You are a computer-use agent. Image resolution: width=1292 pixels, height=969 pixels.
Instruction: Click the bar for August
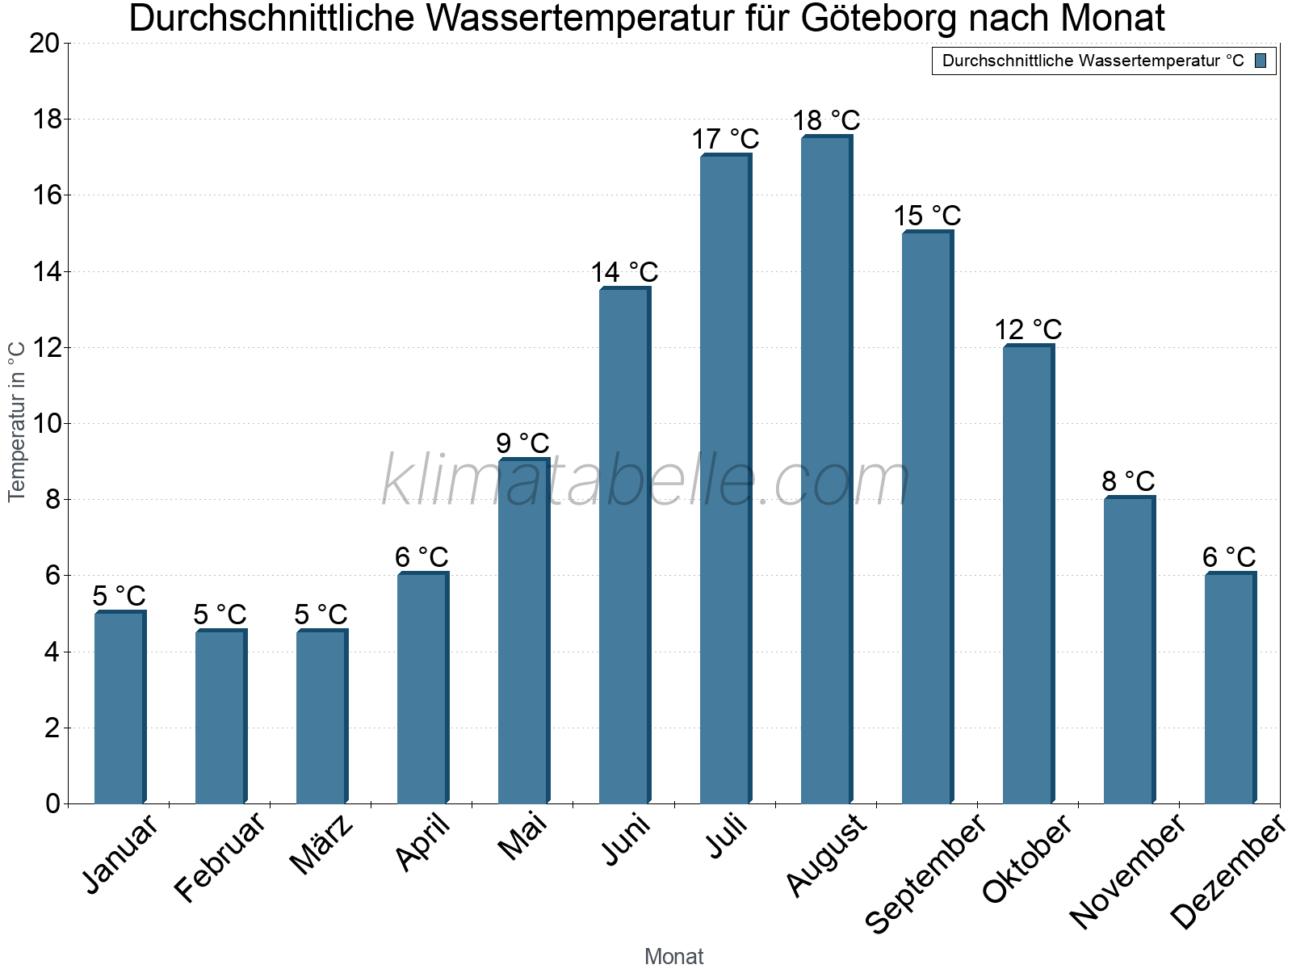[826, 468]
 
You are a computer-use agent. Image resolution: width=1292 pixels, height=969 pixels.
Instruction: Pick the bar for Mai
[523, 630]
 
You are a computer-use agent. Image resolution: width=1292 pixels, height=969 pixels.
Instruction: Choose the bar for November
[1129, 649]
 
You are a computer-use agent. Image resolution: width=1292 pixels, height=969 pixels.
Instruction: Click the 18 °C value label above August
[826, 121]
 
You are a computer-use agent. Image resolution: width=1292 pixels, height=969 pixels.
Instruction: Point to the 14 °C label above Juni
[624, 273]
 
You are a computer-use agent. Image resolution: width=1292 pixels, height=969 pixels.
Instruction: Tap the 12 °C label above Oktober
[1028, 329]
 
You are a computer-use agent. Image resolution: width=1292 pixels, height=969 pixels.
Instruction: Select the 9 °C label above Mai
[522, 443]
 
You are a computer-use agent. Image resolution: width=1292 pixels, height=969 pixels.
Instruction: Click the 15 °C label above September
[927, 216]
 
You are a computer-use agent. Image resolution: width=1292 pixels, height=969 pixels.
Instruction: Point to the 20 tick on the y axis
[44, 43]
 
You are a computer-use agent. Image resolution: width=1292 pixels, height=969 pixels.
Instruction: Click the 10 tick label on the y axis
[44, 423]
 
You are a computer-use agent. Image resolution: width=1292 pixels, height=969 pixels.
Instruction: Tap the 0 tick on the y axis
[53, 803]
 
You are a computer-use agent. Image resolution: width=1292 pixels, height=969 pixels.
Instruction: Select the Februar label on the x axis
[220, 858]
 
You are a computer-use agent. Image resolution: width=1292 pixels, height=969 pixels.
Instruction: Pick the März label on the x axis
[321, 845]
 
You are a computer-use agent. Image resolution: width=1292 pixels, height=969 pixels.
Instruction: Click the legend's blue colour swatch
[1261, 61]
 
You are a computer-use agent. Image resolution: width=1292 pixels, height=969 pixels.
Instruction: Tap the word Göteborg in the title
[877, 18]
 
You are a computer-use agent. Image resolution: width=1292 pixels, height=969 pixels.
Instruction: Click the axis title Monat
[673, 956]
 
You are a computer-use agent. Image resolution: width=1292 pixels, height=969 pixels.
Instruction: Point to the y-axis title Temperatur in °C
[17, 421]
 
